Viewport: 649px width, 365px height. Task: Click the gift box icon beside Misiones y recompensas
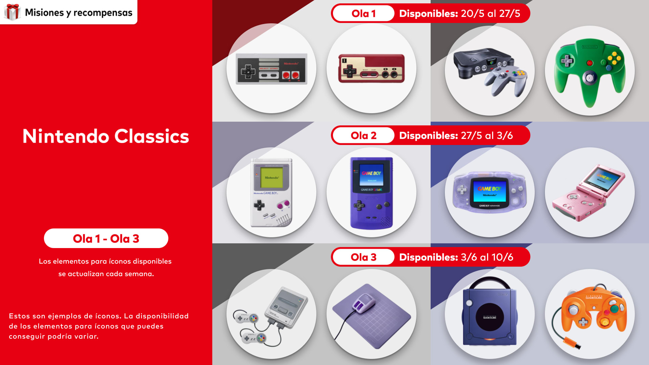click(13, 12)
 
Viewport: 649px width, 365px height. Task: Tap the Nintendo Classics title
click(106, 136)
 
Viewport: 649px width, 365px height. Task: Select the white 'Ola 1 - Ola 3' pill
click(106, 238)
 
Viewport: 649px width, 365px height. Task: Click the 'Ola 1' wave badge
click(363, 14)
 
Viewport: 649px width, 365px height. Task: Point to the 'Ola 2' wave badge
click(363, 136)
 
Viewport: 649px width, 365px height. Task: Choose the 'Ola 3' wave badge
click(363, 257)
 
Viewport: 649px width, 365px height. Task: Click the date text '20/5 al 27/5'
click(490, 14)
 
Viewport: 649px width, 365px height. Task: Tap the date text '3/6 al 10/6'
click(487, 257)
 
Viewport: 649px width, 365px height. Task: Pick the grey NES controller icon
click(271, 69)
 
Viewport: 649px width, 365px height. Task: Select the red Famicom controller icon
click(371, 68)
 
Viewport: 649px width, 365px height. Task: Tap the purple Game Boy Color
click(371, 193)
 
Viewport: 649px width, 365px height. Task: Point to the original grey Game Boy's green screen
click(271, 177)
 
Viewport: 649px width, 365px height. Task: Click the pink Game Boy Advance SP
click(588, 193)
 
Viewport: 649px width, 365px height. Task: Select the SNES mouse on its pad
click(363, 302)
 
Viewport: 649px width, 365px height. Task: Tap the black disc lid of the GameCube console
click(489, 317)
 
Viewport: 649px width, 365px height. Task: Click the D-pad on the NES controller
click(248, 71)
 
